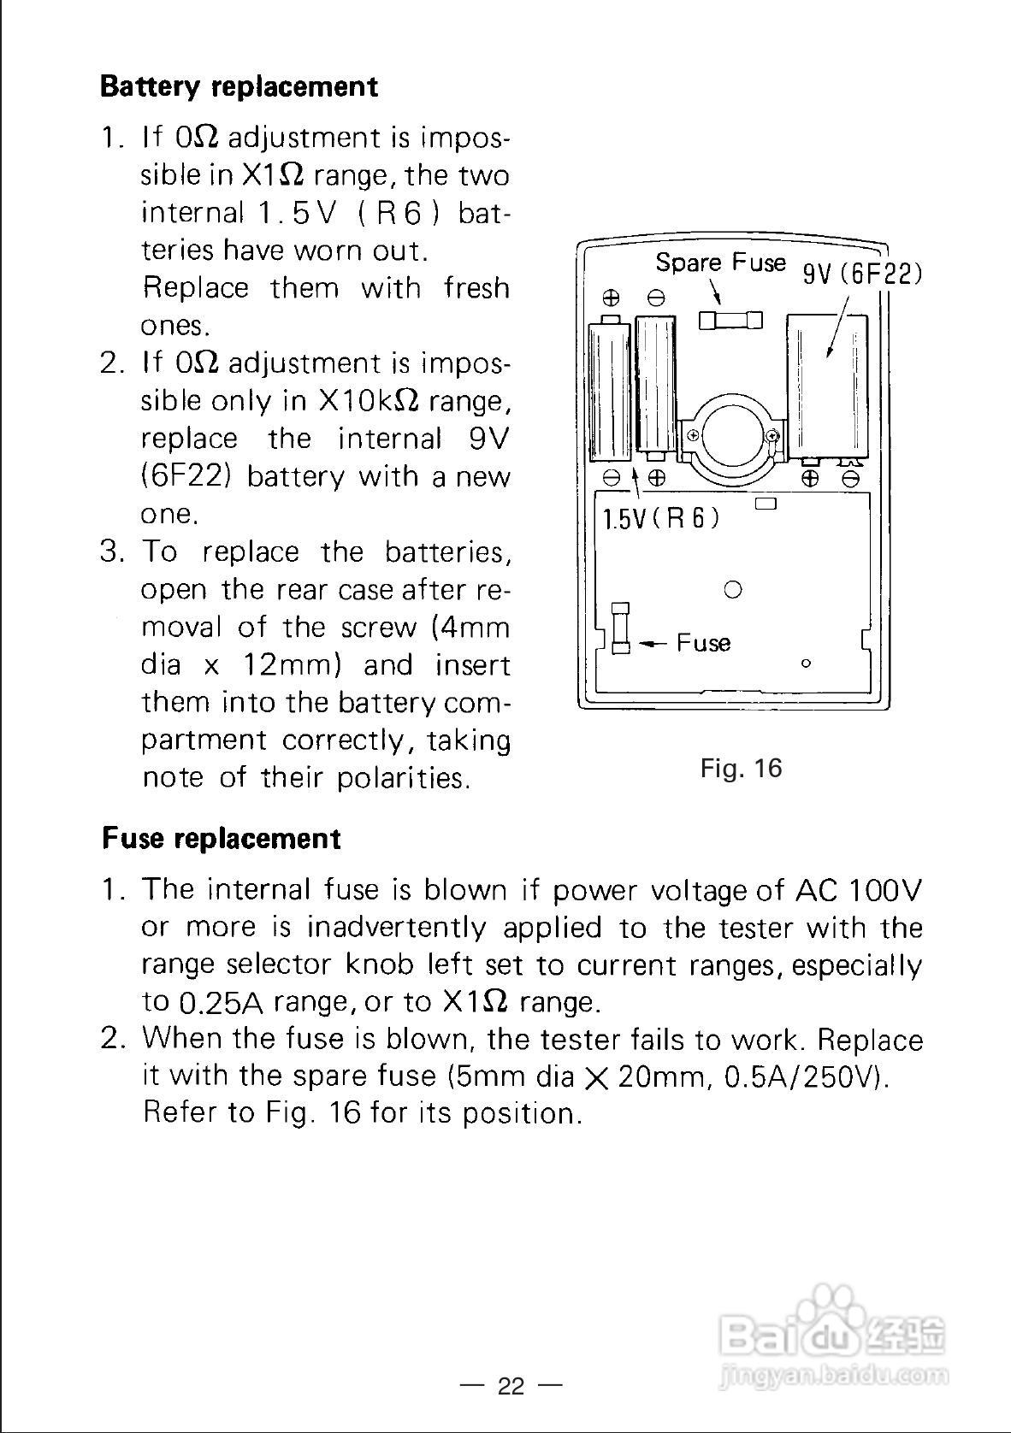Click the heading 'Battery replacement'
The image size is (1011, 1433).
pyautogui.click(x=239, y=86)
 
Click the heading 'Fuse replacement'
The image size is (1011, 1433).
pyautogui.click(x=221, y=838)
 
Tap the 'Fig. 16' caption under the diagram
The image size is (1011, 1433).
pyautogui.click(x=741, y=768)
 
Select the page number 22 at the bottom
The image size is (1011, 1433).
pyautogui.click(x=511, y=1386)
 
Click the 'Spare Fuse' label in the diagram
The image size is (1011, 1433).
pyautogui.click(x=720, y=262)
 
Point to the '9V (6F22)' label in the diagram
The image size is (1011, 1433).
pyautogui.click(x=861, y=274)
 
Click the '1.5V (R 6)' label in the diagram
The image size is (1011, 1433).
pyautogui.click(x=661, y=518)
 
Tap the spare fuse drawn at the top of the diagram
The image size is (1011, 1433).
pyautogui.click(x=730, y=321)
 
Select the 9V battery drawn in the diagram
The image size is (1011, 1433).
pyautogui.click(x=827, y=385)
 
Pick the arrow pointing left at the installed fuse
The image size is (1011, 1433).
pyautogui.click(x=654, y=643)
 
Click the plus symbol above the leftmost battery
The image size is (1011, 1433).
pyautogui.click(x=611, y=298)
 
